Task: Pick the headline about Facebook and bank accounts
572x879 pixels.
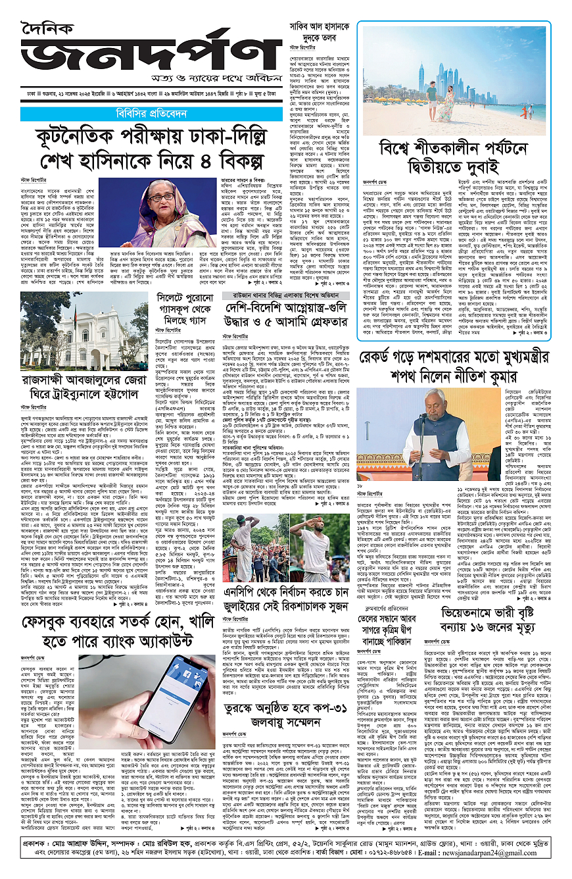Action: (142, 628)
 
